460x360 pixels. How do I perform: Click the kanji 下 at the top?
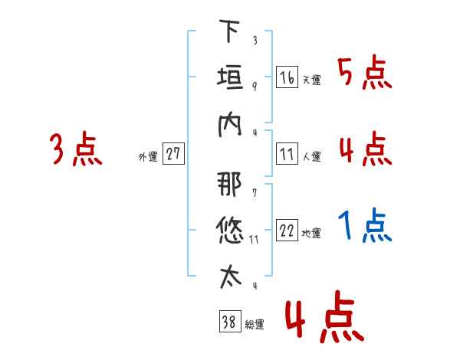(229, 31)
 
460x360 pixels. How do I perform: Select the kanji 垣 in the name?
(230, 77)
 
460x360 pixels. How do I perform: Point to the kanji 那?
(230, 184)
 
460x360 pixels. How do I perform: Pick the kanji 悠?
(230, 231)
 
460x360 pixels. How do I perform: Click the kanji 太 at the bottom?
(230, 277)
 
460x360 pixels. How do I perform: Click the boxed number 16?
(287, 77)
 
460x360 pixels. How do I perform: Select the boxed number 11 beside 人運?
(287, 154)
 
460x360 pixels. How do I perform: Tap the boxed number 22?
(287, 230)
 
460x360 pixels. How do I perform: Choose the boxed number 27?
(173, 153)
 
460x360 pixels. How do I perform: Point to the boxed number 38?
(230, 321)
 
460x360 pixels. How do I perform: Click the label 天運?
(312, 80)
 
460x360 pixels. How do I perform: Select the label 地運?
(311, 233)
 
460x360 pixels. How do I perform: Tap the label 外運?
(148, 157)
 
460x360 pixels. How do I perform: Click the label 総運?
(255, 325)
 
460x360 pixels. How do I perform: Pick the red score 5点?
(365, 73)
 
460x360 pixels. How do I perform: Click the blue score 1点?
(365, 225)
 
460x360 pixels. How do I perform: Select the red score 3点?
(76, 149)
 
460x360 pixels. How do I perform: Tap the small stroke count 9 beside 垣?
(255, 87)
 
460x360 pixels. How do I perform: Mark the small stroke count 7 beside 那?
(255, 192)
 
